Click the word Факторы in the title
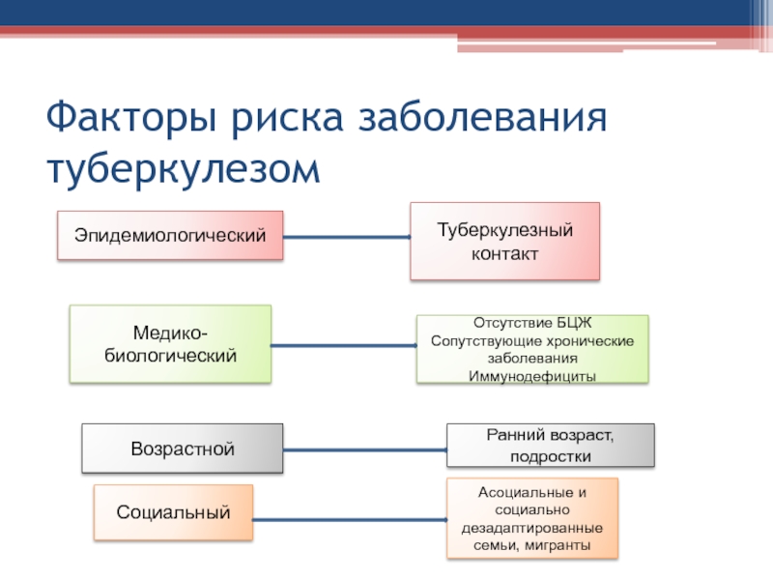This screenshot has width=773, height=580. [131, 117]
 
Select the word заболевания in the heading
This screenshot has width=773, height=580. [482, 117]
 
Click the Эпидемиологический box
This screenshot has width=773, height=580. [170, 235]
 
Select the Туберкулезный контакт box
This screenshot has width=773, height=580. [504, 241]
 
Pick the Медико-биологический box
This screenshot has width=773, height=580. [170, 344]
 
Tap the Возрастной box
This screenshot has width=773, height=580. [183, 449]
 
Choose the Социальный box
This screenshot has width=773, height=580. [174, 512]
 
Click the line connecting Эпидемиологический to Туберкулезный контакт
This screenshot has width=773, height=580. [347, 237]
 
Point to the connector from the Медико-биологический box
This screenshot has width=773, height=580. [344, 345]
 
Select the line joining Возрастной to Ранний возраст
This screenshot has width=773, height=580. [365, 449]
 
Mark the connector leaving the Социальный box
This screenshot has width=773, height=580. [350, 519]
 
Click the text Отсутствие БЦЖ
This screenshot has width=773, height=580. [532, 323]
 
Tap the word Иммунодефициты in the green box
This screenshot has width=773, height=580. [532, 376]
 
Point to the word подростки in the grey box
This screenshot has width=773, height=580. [551, 456]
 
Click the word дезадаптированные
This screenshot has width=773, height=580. [532, 528]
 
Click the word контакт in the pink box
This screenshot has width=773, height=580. [504, 254]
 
